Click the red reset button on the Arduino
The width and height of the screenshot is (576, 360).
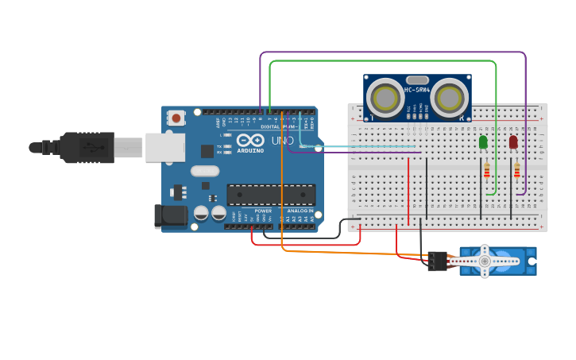[x=176, y=118]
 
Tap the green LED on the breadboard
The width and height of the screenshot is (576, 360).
[x=483, y=142]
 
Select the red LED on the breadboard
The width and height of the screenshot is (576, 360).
[x=513, y=142]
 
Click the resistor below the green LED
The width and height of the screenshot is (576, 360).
[x=487, y=170]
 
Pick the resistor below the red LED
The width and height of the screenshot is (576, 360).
[x=517, y=170]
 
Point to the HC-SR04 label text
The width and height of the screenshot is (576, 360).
[x=417, y=90]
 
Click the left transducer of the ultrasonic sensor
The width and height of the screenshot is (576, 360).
[x=385, y=99]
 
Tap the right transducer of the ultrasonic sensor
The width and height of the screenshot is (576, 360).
[x=449, y=99]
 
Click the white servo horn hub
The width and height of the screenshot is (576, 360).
[x=485, y=261]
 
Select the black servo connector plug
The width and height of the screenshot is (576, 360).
[x=437, y=261]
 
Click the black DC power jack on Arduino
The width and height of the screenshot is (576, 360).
[x=170, y=216]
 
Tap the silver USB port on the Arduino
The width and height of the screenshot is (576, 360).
[x=165, y=147]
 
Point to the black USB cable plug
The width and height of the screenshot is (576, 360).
[x=87, y=147]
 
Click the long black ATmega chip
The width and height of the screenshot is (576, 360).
[x=271, y=195]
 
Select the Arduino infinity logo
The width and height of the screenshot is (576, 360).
[x=250, y=141]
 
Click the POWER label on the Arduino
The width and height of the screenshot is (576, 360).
[x=263, y=211]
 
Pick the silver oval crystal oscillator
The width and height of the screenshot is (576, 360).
[x=204, y=171]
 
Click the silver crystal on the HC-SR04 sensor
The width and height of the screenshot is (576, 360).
[x=417, y=79]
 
